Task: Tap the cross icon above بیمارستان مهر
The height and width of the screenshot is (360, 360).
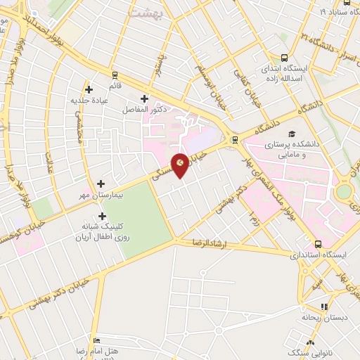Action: [101, 184]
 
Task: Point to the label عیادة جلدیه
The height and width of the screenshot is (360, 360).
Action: [89, 101]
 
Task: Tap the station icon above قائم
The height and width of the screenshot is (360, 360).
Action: [115, 72]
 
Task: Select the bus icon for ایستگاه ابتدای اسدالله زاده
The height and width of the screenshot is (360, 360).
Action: [284, 58]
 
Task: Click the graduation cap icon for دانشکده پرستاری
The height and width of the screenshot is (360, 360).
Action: [292, 134]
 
